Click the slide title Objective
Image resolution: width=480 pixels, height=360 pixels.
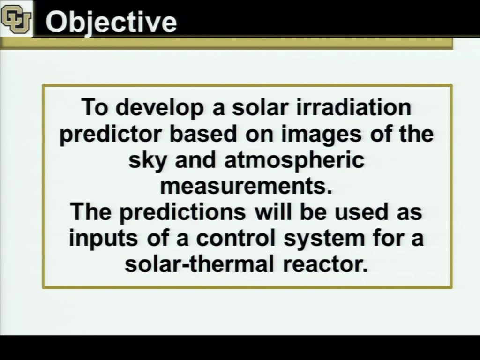tap(111, 22)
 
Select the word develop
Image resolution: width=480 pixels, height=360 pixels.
tap(159, 108)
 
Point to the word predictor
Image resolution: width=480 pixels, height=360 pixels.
tap(111, 135)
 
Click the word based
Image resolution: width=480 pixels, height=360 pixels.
tap(203, 134)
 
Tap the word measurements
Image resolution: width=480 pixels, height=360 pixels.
tap(246, 186)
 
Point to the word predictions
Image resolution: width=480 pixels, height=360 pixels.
tap(182, 212)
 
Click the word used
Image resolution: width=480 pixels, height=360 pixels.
tap(361, 212)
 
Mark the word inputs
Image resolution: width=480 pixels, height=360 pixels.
tap(104, 239)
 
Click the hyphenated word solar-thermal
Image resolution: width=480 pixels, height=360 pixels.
tap(199, 264)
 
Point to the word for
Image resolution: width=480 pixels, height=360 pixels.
tap(388, 238)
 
